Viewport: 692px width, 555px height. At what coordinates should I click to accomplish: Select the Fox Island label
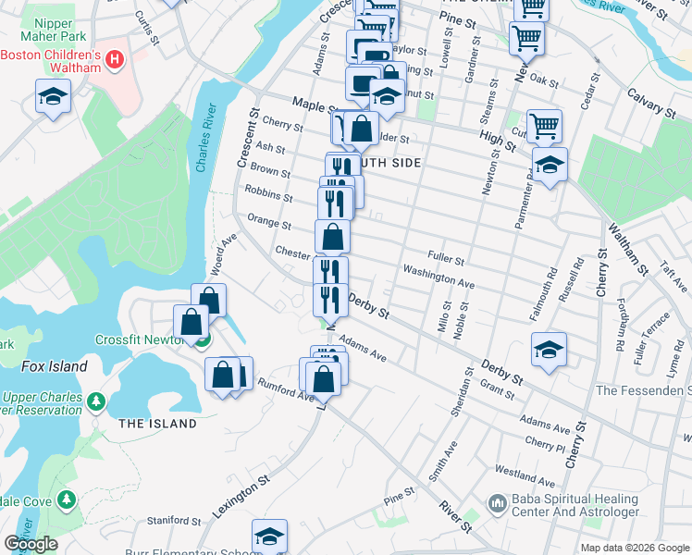coord(55,366)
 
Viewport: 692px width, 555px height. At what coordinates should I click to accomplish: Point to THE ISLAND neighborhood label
coord(157,424)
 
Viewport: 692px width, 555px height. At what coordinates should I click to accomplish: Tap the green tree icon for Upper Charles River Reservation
coord(95,403)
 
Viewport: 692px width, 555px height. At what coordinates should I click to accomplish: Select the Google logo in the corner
coord(31,544)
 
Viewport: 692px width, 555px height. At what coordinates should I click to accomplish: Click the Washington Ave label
coord(438,277)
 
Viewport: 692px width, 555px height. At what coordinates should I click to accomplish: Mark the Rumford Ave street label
coord(286,389)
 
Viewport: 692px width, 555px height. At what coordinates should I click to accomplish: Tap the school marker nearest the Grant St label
coord(549,351)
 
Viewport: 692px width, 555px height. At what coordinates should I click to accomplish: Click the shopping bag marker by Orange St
coord(332,237)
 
